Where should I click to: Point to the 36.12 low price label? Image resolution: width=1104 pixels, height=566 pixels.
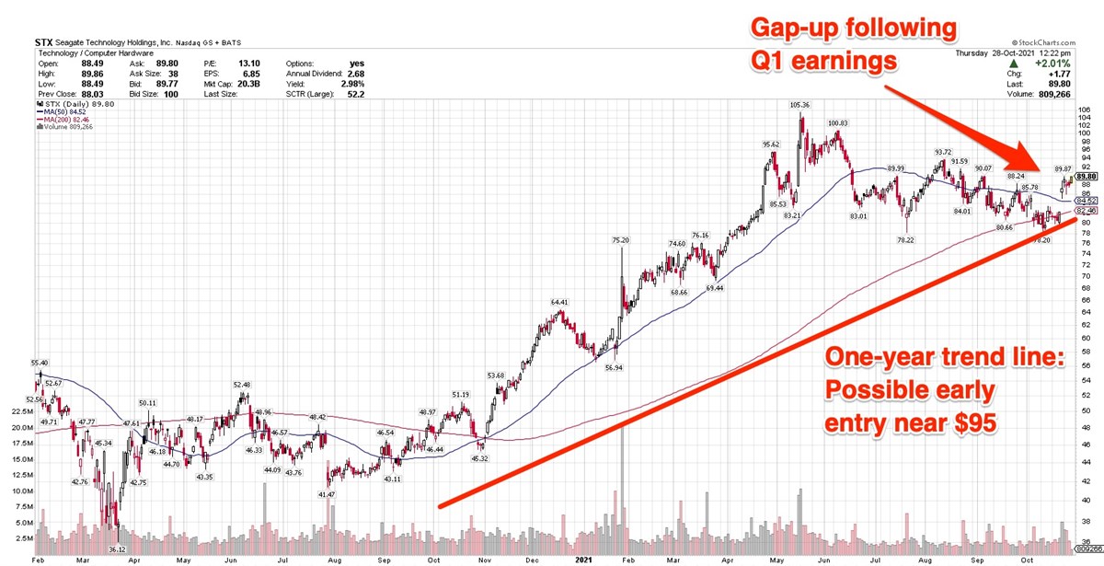tap(116, 549)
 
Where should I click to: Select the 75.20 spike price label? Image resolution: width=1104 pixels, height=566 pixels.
tap(620, 240)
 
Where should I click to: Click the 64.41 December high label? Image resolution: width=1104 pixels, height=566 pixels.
tap(561, 302)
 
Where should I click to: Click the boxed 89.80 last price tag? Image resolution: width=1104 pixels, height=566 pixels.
tap(1087, 177)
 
